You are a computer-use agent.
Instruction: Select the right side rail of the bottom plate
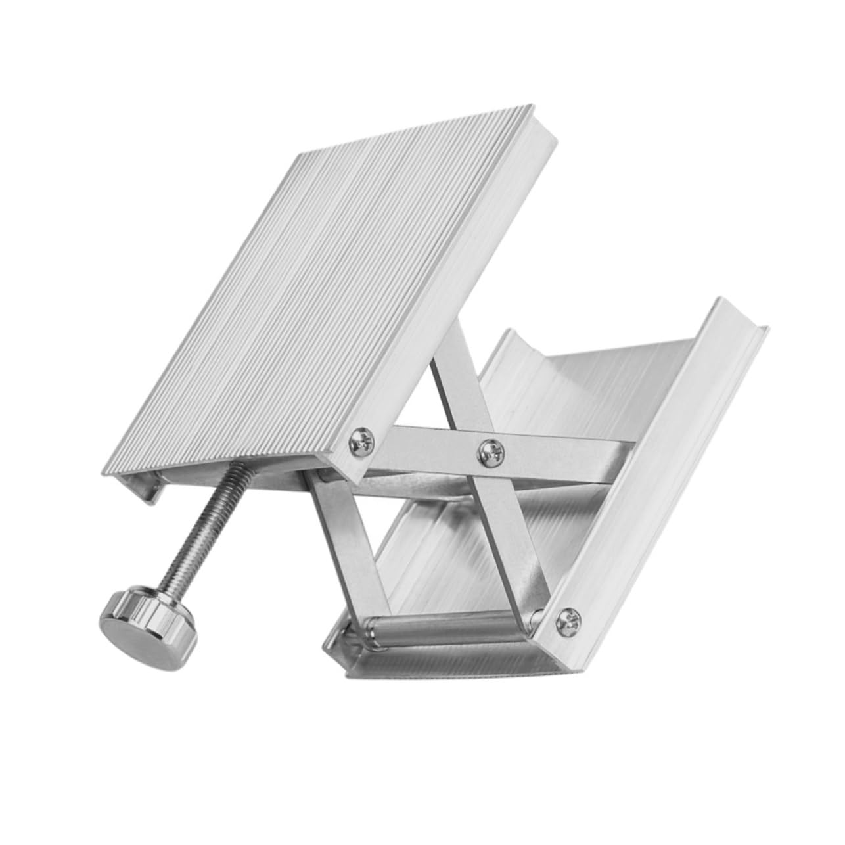pos(657,460)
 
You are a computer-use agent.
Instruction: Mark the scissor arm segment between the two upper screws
pos(427,442)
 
